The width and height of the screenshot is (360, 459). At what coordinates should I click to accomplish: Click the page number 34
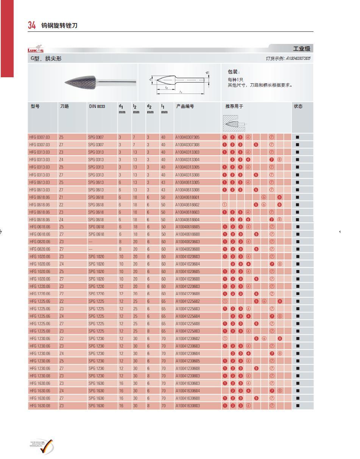[32, 25]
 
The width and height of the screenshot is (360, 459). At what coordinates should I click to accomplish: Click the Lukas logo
[36, 50]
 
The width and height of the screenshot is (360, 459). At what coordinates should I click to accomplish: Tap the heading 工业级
[301, 49]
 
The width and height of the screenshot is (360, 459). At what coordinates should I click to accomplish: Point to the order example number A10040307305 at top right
[298, 58]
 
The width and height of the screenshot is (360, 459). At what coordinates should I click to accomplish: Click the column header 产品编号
[185, 106]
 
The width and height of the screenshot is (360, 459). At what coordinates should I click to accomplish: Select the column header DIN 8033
[97, 106]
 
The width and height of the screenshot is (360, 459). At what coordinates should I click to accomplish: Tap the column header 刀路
[65, 106]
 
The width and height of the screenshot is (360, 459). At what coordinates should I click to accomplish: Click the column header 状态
[298, 106]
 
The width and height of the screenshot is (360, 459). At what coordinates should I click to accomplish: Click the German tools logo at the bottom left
[42, 446]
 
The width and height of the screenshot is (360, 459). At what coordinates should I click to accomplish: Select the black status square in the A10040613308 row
[298, 189]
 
